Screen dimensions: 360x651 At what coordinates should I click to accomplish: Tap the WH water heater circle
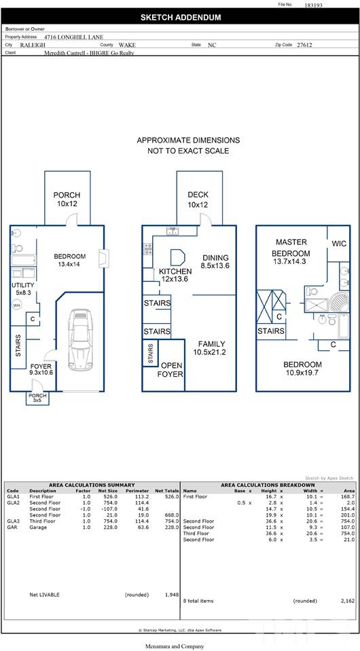[x=16, y=305]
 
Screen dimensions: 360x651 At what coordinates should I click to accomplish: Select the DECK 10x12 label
[x=198, y=200]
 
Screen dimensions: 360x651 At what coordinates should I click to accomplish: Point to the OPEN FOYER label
[x=172, y=369]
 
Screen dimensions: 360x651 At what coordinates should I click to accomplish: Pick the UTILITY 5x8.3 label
[x=23, y=289]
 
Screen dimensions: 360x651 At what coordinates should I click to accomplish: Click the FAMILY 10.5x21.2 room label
[x=211, y=348]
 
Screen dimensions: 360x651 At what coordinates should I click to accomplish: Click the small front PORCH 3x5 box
[x=37, y=398]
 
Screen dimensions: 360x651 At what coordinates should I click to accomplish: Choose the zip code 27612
[x=305, y=45]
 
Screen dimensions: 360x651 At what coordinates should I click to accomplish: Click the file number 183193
[x=314, y=5]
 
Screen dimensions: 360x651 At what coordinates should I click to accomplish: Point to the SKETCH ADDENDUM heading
[x=181, y=18]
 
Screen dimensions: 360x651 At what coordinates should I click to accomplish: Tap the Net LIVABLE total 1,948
[x=172, y=595]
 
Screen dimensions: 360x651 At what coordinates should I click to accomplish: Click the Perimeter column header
[x=137, y=491]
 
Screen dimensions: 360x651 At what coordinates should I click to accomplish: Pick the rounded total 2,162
[x=348, y=601]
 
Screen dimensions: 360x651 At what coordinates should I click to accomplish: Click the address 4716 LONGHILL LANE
[x=74, y=37]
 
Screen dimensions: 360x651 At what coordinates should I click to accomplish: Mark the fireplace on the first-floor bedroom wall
[x=101, y=258]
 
